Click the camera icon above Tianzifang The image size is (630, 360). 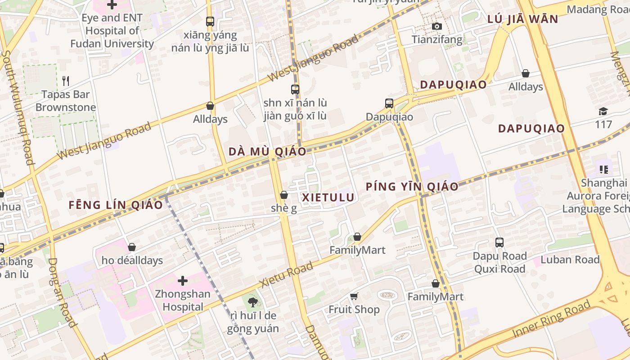pos(436,27)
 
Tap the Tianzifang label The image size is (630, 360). pos(437,40)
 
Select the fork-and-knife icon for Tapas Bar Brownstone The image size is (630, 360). pos(66,81)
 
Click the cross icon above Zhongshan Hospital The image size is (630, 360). pos(183,281)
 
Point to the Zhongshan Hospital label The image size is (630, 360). pos(183,301)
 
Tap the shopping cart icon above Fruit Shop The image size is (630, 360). pos(354,296)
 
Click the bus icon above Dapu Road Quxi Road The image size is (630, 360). pos(499,243)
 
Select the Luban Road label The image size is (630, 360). pos(570,260)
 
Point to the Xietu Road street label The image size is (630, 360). pos(286,275)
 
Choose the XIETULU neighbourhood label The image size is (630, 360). pos(328,198)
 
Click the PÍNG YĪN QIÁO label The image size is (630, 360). pos(412,186)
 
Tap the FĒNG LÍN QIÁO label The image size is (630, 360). pos(116,205)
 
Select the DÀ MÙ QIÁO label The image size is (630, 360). pos(267,152)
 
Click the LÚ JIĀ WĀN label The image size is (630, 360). pos(523,19)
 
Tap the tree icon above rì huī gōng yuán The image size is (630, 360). pos(253,303)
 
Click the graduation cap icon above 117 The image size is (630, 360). pos(603,111)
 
